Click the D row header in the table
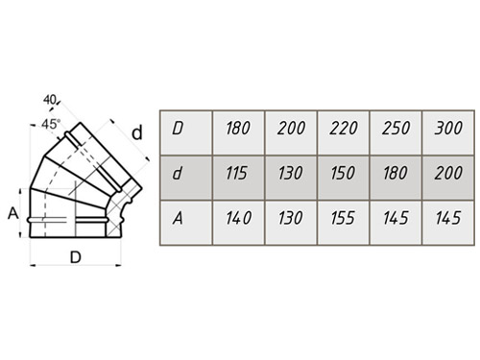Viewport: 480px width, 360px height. tap(186, 132)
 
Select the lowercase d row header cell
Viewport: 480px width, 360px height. tap(186, 178)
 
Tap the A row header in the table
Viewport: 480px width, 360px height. tap(186, 223)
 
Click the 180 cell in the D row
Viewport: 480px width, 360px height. tap(238, 132)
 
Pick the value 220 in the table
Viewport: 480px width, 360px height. tap(344, 132)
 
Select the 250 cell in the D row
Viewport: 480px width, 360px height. tap(396, 132)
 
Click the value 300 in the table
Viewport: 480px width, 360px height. tap(448, 132)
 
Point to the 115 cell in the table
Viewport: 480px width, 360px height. tap(238, 178)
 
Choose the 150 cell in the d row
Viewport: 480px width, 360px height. tap(344, 178)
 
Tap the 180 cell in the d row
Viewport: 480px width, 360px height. tap(396, 178)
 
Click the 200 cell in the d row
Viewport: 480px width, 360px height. tap(448, 178)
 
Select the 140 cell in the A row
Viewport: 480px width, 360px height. tap(238, 223)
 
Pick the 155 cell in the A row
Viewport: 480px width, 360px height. tap(344, 223)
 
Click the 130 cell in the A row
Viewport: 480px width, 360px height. tap(291, 223)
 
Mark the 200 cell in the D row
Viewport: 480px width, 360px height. tap(291, 132)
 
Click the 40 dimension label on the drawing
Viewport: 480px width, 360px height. tap(50, 100)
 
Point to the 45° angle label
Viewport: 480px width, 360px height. tap(51, 124)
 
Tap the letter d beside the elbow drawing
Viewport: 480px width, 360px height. tap(137, 132)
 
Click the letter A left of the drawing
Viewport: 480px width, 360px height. tap(13, 213)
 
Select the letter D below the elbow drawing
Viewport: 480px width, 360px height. tap(76, 257)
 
